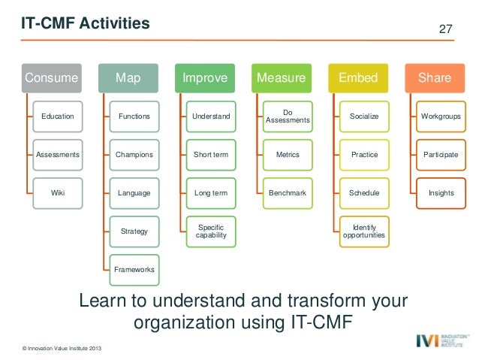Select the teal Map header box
click(x=127, y=77)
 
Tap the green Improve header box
click(x=204, y=77)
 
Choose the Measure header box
click(x=281, y=77)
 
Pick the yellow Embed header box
click(x=358, y=77)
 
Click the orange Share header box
click(x=434, y=77)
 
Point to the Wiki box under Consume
click(x=58, y=193)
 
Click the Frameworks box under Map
click(x=134, y=269)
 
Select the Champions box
click(x=134, y=155)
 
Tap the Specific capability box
click(x=211, y=231)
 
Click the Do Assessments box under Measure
click(x=288, y=116)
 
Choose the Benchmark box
click(x=288, y=193)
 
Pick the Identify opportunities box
click(x=364, y=231)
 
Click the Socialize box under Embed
click(x=364, y=116)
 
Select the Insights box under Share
click(x=441, y=193)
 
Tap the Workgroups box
click(x=441, y=116)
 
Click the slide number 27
click(x=445, y=29)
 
